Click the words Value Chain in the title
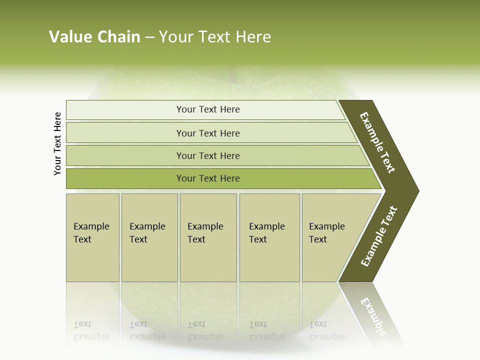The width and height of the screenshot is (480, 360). point(94,37)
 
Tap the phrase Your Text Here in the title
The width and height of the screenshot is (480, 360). point(215,37)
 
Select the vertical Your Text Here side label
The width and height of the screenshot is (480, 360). point(57,143)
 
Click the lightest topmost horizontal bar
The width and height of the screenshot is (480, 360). point(207,109)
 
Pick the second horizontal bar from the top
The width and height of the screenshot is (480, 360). point(207,133)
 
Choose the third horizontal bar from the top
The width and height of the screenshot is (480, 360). point(207,155)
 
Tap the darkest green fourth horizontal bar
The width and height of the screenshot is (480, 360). point(207,178)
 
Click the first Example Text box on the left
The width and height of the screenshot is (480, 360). point(92,237)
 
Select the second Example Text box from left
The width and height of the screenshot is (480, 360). point(149,237)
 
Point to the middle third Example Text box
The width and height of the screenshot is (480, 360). point(208,237)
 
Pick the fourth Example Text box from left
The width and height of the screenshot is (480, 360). point(269,237)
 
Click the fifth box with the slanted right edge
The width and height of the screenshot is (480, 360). point(330,237)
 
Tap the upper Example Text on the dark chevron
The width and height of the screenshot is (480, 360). point(377,142)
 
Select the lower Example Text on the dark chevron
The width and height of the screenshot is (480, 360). point(379,236)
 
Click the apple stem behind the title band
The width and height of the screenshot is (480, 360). point(232,75)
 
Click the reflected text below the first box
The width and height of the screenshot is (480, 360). point(91,330)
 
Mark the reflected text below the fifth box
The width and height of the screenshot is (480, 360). point(326,330)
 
